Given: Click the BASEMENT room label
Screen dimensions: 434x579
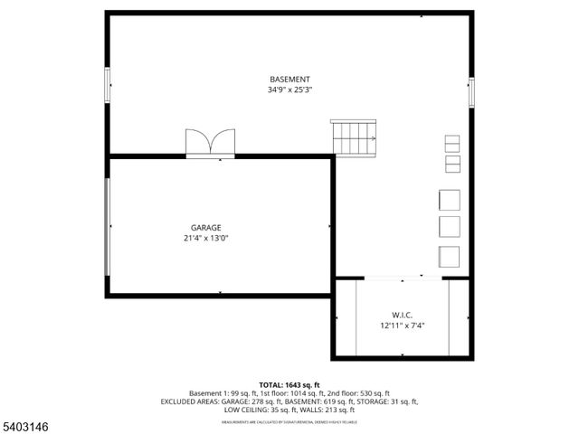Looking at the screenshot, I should (x=289, y=79).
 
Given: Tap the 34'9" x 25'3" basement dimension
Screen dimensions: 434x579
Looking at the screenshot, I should (x=289, y=90).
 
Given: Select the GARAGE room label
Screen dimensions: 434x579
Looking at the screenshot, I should (x=206, y=228).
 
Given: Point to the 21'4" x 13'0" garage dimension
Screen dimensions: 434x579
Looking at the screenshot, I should (x=206, y=239).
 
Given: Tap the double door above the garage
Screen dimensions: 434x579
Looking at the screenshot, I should (x=210, y=144).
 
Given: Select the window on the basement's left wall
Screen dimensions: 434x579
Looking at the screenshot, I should (x=108, y=84).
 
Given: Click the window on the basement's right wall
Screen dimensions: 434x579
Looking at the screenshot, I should (x=471, y=92).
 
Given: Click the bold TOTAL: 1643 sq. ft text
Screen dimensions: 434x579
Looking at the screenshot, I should (x=289, y=384).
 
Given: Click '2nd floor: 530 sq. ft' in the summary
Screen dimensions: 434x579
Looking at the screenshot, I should (x=358, y=393).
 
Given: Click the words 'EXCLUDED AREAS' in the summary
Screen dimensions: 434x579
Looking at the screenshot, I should (x=187, y=401).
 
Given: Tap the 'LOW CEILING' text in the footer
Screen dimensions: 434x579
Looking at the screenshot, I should (x=246, y=410).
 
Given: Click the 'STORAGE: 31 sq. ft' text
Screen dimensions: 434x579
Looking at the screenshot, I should (x=381, y=401).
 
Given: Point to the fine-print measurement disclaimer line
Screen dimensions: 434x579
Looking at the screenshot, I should (x=289, y=421).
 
